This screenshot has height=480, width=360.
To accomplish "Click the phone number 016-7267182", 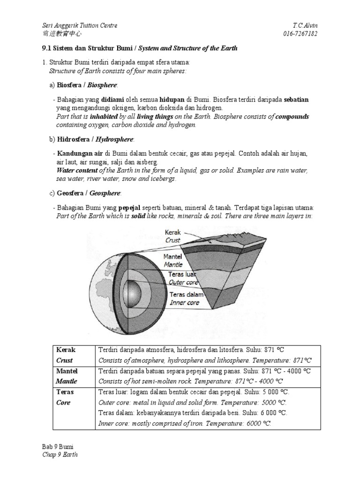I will pos(303,33).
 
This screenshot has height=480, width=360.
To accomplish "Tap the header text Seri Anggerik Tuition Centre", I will pos(80,25).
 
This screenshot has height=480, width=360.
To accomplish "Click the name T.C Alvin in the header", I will pos(310,25).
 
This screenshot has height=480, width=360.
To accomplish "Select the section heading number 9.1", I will pos(48,48).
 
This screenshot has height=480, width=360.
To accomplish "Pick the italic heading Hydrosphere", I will pos(115,140).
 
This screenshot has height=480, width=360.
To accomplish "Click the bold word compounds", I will pos(292,117).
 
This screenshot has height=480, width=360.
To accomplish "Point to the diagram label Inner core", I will pos(185,303).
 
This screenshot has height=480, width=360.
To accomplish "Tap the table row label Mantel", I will pos(66,371).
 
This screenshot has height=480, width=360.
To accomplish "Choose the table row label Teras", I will pos(65,392).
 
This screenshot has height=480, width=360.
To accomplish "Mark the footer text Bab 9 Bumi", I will pos(58,447).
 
